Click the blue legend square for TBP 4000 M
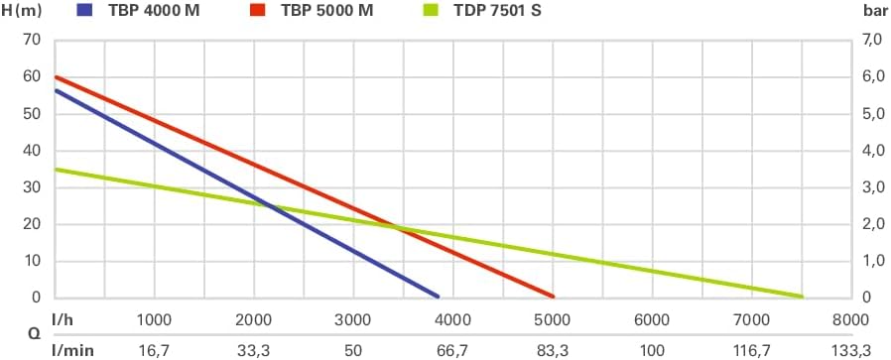(x=84, y=10)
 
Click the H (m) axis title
(x=22, y=11)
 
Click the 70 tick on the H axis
(x=33, y=40)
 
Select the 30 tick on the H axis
(x=33, y=187)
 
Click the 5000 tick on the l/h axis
(x=553, y=319)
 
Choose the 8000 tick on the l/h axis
(x=850, y=319)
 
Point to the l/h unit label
(x=63, y=319)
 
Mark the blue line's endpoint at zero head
(x=438, y=297)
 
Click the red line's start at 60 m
(x=57, y=76)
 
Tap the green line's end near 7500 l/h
(x=802, y=297)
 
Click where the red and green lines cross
(x=396, y=228)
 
